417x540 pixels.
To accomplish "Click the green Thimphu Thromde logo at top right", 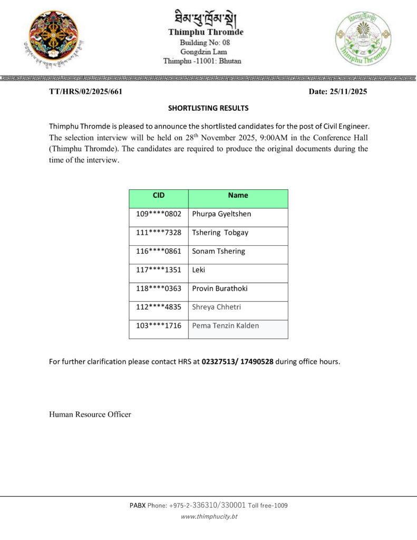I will [363, 38].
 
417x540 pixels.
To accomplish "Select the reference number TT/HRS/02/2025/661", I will [85, 92].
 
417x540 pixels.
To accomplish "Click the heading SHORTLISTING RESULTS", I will [208, 108].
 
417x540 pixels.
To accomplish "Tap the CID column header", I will [159, 195].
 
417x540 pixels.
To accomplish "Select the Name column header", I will [238, 195].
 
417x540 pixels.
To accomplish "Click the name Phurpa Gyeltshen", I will [221, 214].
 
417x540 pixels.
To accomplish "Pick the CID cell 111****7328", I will [159, 233].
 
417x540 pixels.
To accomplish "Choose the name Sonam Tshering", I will [218, 251].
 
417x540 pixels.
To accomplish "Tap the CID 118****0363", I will [159, 288].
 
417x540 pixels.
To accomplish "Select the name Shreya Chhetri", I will [216, 307].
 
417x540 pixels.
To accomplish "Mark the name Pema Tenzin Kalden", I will [225, 326].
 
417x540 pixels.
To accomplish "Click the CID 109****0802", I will [159, 214].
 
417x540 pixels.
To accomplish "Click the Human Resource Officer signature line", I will [90, 414].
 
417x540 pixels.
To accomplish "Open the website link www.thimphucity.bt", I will [209, 517].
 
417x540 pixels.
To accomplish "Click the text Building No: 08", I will [205, 42].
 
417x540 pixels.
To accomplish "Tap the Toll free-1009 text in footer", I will [268, 506].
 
